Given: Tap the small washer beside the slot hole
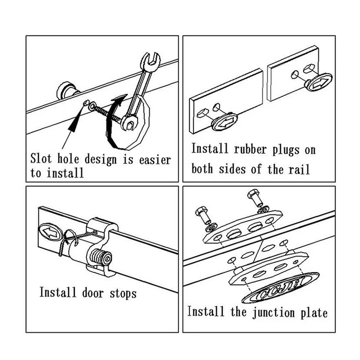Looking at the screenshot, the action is coord(93,105).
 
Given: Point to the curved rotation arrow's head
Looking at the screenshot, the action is coord(120,99).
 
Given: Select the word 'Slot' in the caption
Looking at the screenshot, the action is coord(42,158).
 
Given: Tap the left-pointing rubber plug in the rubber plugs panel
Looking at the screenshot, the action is coord(224,121).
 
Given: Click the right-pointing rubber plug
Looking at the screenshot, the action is coord(318,82).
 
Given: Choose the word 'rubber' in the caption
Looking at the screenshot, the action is coord(250,150).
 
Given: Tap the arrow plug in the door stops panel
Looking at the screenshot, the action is coord(50,232).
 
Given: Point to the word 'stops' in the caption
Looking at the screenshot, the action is coord(123,294).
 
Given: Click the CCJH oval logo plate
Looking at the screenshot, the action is coord(281,288).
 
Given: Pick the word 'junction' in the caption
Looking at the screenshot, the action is coord(273,313).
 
